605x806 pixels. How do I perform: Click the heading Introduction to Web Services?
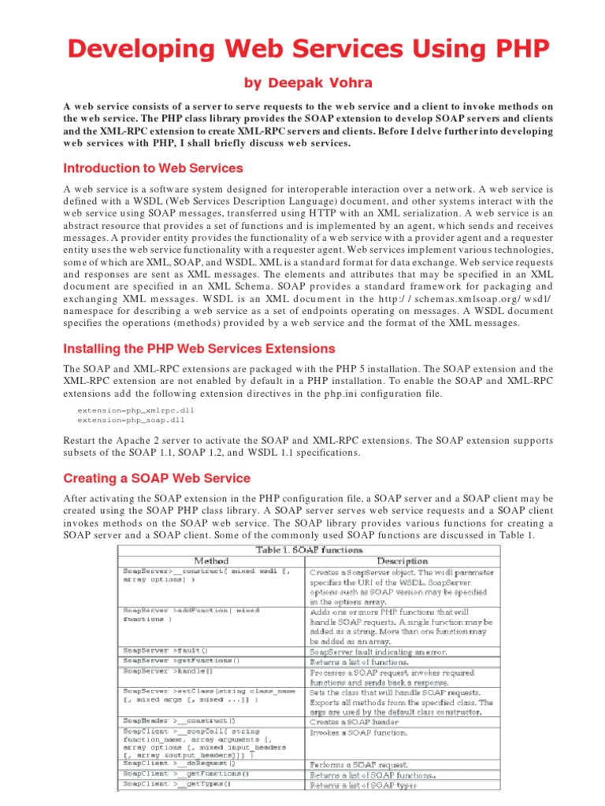click(x=153, y=168)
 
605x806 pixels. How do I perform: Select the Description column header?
click(x=402, y=561)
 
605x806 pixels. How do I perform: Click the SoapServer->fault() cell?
click(x=165, y=651)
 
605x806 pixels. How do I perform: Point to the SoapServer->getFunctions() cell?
click(x=180, y=661)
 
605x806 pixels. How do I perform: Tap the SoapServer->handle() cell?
click(x=168, y=671)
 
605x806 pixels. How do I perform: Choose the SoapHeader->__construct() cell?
click(x=177, y=722)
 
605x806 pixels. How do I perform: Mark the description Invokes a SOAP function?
click(x=359, y=733)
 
